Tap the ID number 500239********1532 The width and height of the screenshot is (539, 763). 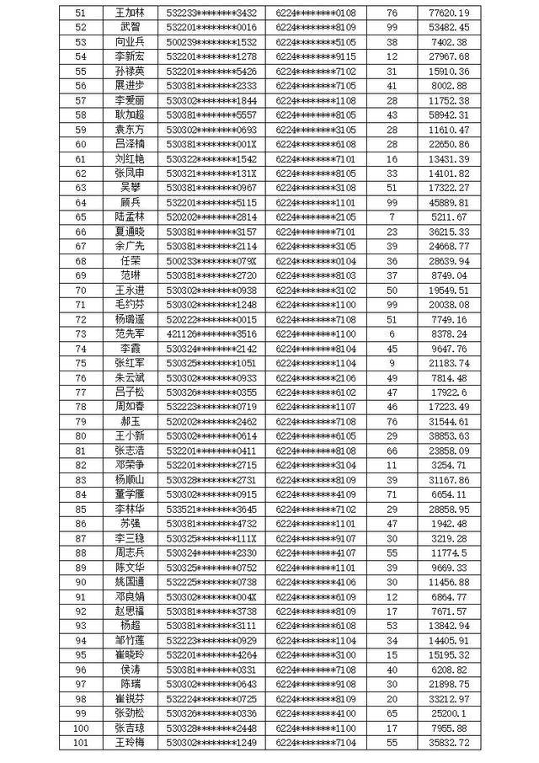point(211,41)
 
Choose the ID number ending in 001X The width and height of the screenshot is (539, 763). point(211,144)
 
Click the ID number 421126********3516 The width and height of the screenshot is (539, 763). point(211,333)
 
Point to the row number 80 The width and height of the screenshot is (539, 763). point(81,435)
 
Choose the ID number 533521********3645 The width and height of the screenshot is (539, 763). point(211,509)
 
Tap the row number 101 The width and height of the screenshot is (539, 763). point(81,742)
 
